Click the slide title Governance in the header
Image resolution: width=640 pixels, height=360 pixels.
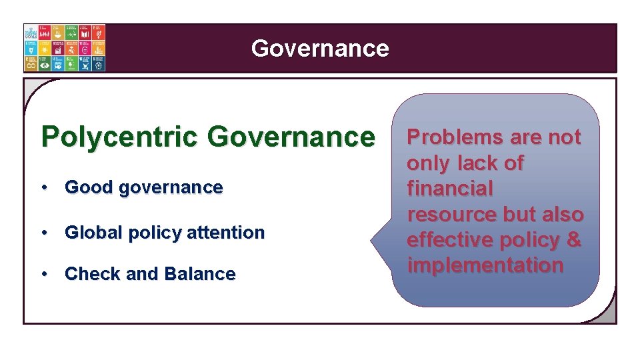tap(320, 48)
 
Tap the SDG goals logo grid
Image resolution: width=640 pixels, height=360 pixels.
tap(65, 48)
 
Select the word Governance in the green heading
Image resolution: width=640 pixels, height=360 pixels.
tap(291, 137)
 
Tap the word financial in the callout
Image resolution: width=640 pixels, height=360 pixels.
tap(450, 189)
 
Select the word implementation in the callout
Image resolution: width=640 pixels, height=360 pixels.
tap(485, 265)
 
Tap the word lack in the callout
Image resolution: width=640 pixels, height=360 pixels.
tap(480, 163)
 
